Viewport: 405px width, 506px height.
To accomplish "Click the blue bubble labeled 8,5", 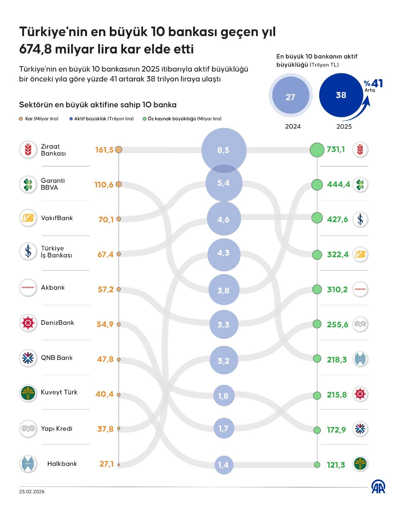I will tap(224, 150).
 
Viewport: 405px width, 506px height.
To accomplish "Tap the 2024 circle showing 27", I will tap(290, 96).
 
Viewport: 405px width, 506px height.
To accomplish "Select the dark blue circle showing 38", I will tap(341, 95).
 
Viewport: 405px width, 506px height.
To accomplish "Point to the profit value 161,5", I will tap(104, 150).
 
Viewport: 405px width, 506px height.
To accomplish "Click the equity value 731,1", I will tap(336, 149).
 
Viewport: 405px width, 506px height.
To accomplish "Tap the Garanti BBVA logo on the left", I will tap(28, 184).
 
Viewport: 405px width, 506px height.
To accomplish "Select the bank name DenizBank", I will tap(57, 323).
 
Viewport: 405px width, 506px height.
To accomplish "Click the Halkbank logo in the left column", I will tap(28, 464).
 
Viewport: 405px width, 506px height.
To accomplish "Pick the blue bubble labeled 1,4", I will tap(224, 465).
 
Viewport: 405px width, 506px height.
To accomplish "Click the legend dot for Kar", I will tap(21, 119).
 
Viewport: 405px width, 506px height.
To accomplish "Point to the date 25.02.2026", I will tap(32, 492).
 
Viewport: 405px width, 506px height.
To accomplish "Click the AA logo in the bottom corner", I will tap(378, 487).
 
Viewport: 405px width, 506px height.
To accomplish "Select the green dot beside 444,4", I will tap(317, 184).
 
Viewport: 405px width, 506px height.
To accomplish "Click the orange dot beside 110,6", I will tap(119, 184).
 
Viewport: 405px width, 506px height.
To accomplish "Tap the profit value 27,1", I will tap(106, 464).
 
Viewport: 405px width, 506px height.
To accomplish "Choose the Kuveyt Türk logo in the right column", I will tap(360, 464).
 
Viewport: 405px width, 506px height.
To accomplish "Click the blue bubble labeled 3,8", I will tap(224, 290).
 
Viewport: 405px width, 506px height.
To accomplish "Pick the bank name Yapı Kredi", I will tap(56, 429).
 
